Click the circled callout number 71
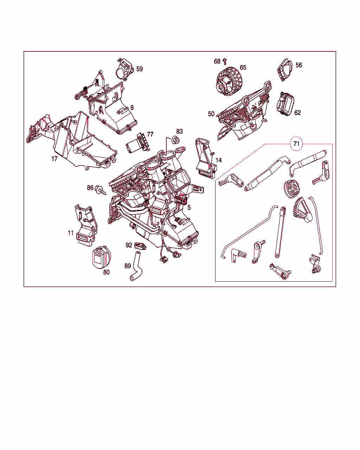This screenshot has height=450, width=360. click(296, 144)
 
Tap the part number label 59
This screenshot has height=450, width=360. click(140, 69)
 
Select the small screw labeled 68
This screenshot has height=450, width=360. click(225, 62)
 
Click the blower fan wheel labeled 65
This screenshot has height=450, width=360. click(229, 81)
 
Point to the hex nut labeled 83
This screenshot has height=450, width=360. click(175, 140)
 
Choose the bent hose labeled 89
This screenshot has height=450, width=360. click(136, 266)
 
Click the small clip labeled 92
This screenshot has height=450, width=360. click(140, 246)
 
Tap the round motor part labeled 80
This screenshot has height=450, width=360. click(102, 257)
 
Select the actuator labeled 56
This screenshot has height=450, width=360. click(285, 70)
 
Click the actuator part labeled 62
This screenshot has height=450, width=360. click(285, 104)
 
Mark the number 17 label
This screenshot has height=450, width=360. click(54, 159)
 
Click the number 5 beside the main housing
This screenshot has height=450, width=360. click(189, 207)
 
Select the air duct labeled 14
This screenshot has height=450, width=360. click(206, 158)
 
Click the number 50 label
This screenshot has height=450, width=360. click(211, 114)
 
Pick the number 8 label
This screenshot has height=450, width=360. click(132, 108)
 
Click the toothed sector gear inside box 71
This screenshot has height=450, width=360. click(303, 210)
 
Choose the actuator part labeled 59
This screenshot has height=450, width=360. click(124, 69)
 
